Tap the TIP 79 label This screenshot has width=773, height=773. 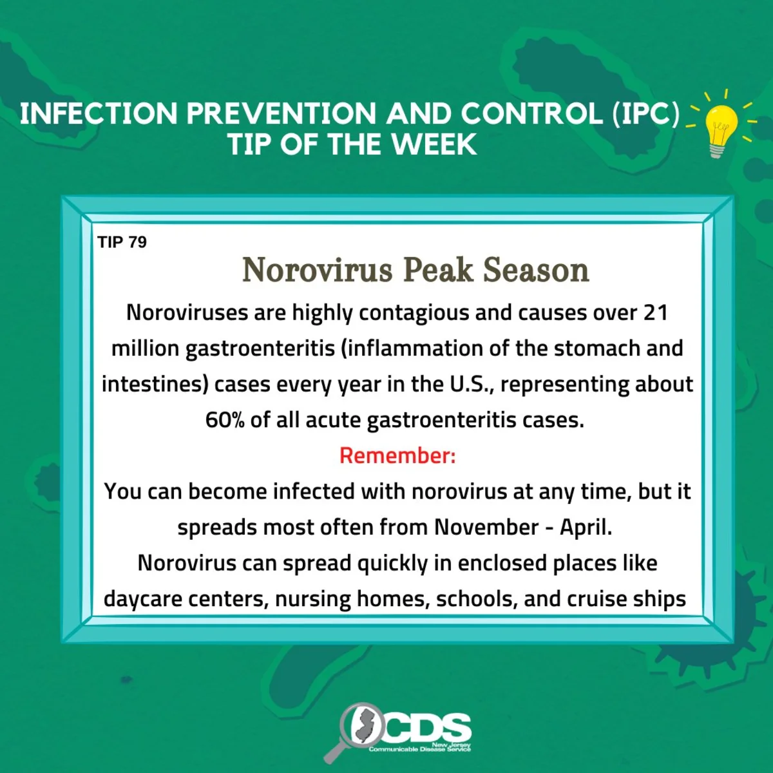click(122, 242)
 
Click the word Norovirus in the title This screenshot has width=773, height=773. click(318, 271)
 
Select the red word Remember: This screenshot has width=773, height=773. click(397, 455)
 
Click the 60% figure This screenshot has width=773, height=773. click(224, 420)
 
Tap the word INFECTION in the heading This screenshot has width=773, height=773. click(99, 113)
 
